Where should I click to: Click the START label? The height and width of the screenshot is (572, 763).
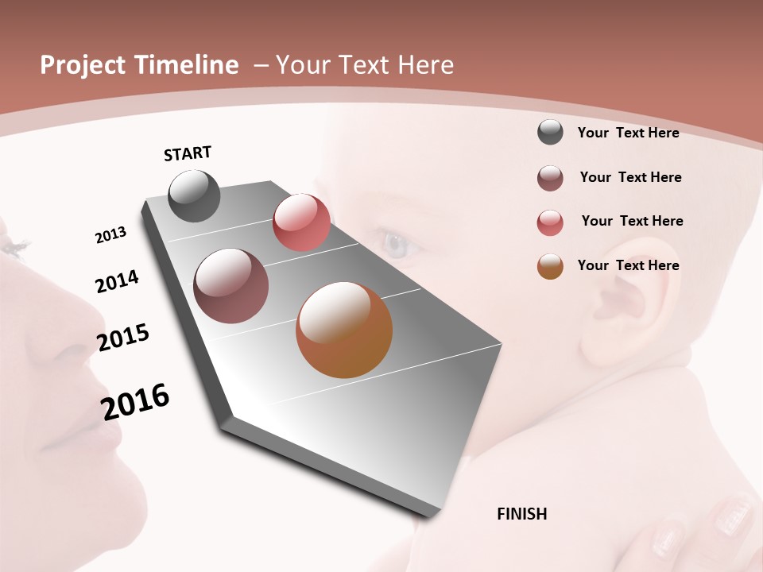coord(188,153)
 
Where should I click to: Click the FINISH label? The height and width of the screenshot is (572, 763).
coord(522,514)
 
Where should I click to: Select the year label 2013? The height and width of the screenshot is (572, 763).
coord(110,235)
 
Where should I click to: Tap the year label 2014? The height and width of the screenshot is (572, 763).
coord(117,281)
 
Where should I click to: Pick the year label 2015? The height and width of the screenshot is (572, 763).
coord(123,338)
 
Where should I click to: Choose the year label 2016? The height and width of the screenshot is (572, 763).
coord(135,401)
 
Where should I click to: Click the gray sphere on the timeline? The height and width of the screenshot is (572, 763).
coord(194,195)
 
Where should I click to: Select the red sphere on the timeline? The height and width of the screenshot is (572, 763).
coord(301,222)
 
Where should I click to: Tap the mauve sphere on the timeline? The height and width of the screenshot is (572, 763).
coord(231,286)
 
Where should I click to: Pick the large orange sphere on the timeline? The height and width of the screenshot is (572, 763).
coord(344,330)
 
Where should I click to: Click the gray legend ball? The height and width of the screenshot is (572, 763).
coord(550,133)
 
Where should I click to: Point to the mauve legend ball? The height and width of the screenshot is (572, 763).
coord(550,178)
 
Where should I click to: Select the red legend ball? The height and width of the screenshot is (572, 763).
coord(550,222)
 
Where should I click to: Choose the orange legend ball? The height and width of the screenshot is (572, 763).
coord(550,266)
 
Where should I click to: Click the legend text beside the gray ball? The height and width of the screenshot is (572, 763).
coord(628,133)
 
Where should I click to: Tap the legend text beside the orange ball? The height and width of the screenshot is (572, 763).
coord(628,265)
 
